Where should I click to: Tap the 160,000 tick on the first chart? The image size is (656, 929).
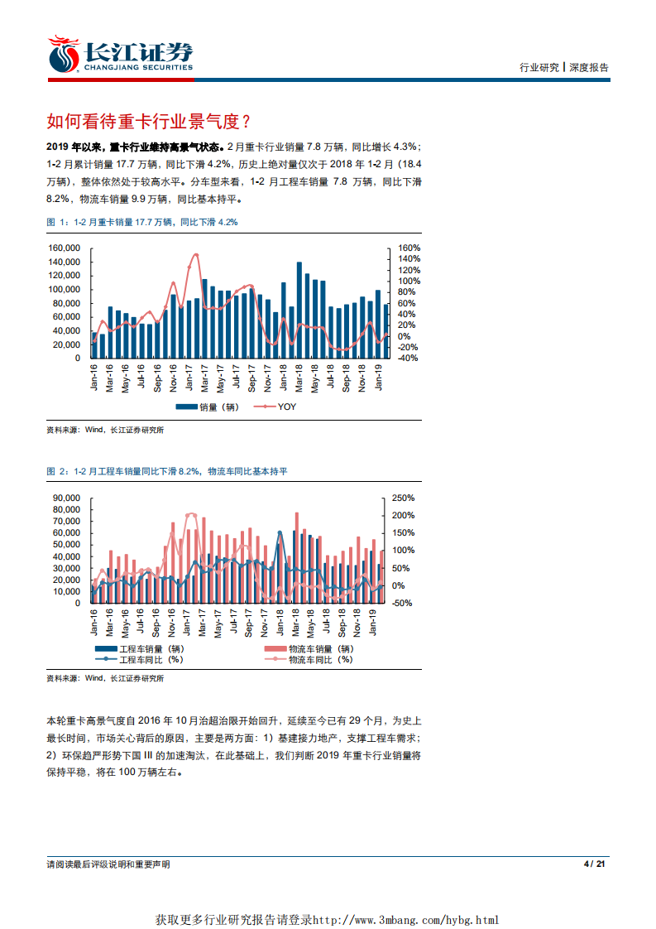[64, 248]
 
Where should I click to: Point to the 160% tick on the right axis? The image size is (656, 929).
[410, 248]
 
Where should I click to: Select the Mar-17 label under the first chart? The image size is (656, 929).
[204, 378]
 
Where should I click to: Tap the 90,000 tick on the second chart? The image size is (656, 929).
[65, 498]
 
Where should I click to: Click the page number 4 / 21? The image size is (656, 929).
[596, 864]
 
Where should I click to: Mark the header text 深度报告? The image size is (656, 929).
[589, 68]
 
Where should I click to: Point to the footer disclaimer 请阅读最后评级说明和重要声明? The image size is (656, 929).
[108, 864]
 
